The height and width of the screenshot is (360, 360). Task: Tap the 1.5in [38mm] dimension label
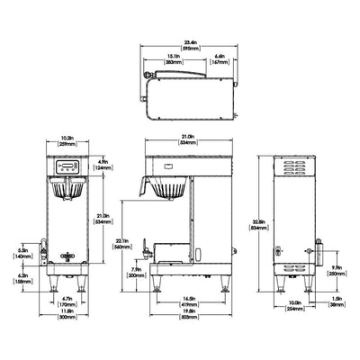pyautogui.click(x=336, y=303)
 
